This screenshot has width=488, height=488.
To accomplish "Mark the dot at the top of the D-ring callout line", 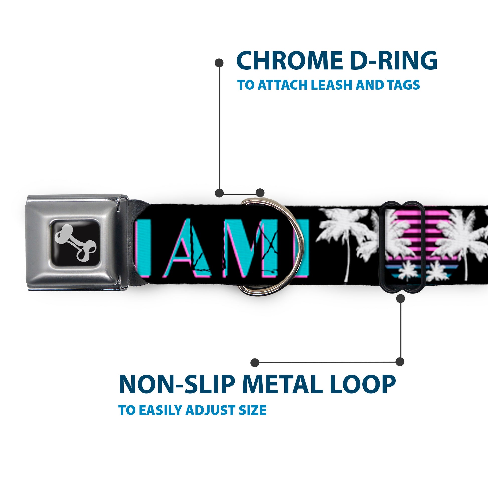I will pos(219,63).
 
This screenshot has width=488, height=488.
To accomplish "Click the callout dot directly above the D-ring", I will pos(260,193).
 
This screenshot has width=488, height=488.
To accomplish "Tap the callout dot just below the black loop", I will pos(400,299).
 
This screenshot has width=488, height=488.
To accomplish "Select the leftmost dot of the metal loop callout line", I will pos(255,362).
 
